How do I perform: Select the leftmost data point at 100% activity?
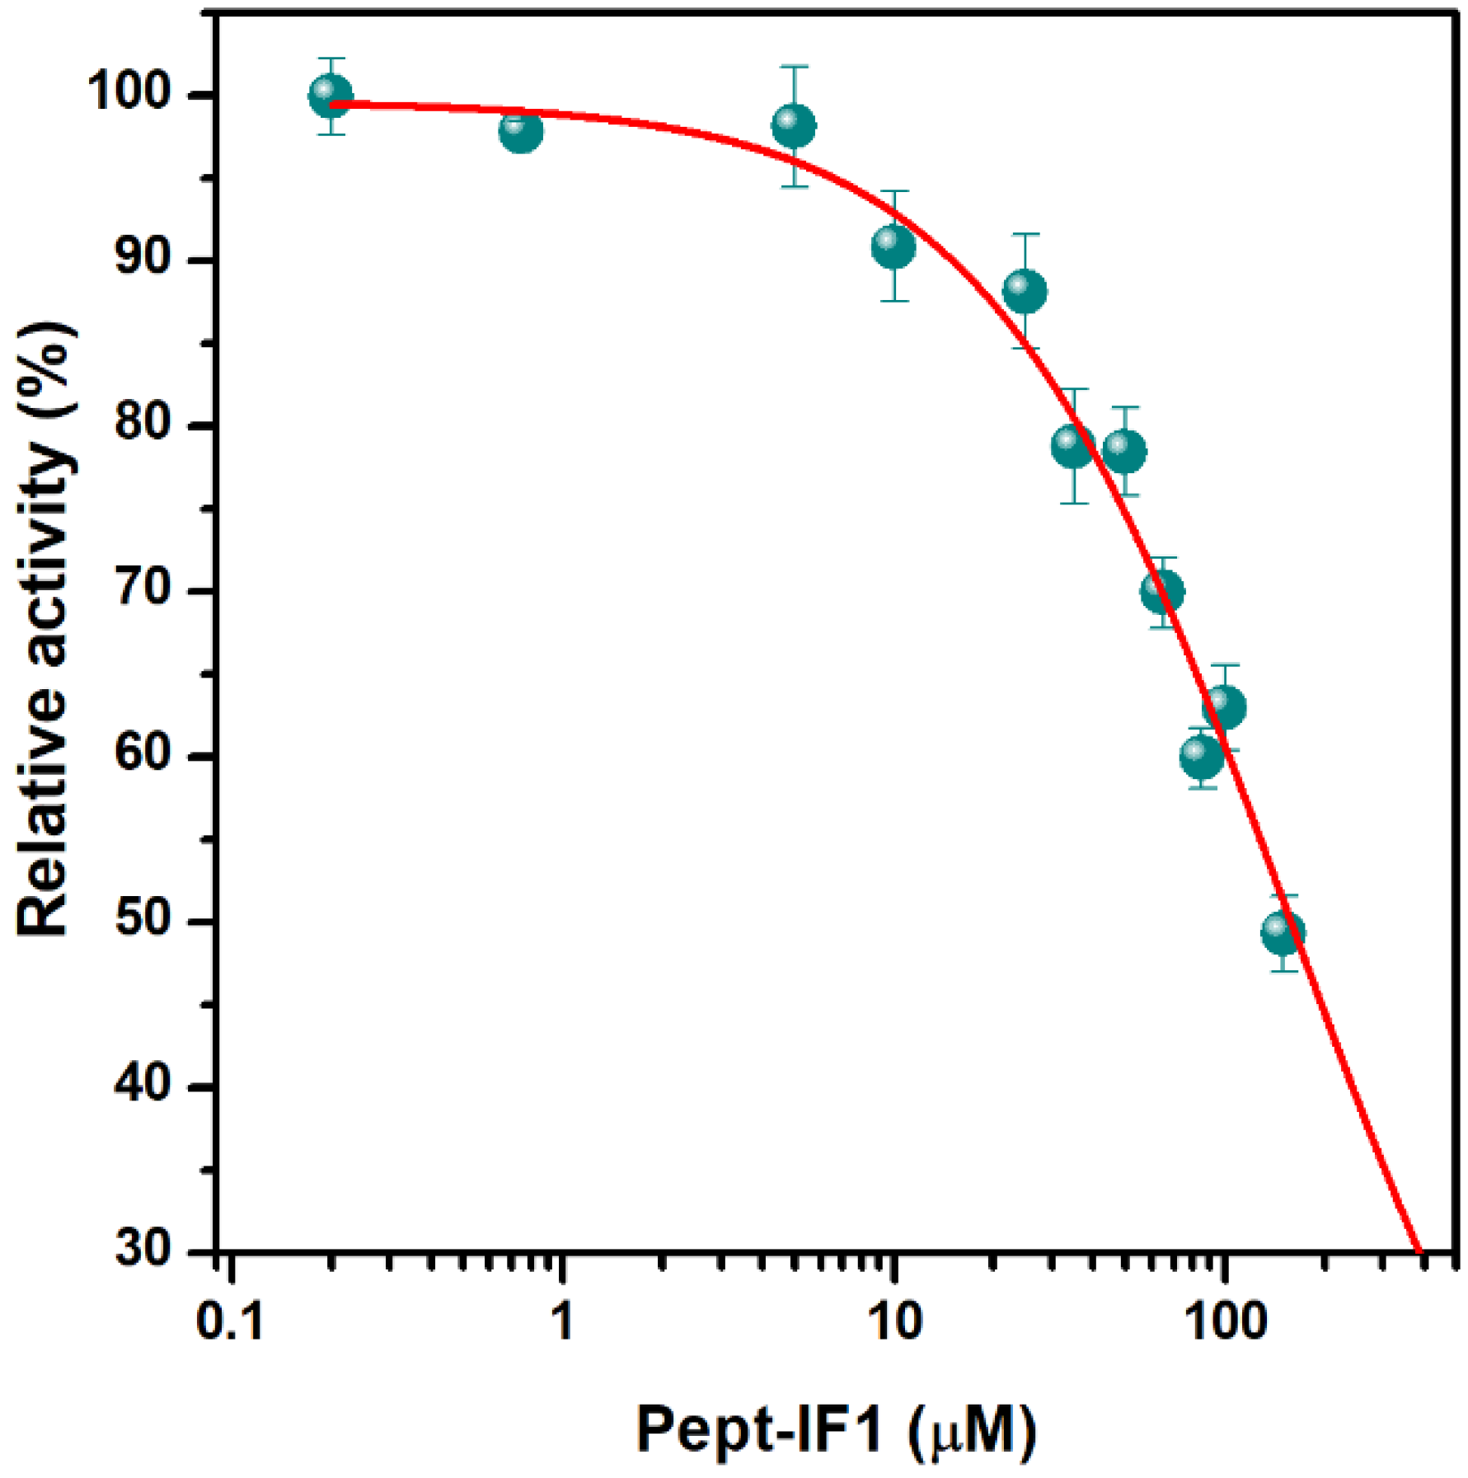pos(331,96)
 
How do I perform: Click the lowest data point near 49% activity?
pos(1283,932)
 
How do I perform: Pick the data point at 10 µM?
pos(893,246)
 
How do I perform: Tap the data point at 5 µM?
pos(794,126)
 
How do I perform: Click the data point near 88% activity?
pos(1025,291)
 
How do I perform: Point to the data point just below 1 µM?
pos(521,131)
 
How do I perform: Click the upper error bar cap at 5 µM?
pos(794,66)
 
